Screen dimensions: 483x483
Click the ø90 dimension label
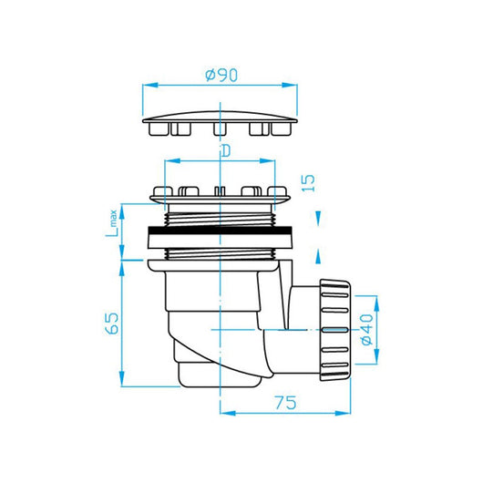(221, 75)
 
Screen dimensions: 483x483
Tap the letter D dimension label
(226, 151)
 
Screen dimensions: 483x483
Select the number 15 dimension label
(308, 183)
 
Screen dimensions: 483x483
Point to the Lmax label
(111, 223)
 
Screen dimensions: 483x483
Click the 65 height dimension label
(111, 324)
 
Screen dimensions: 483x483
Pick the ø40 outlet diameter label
(366, 330)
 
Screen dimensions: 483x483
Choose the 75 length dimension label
(285, 403)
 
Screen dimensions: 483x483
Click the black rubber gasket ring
(221, 230)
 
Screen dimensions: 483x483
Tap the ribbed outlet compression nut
(335, 330)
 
